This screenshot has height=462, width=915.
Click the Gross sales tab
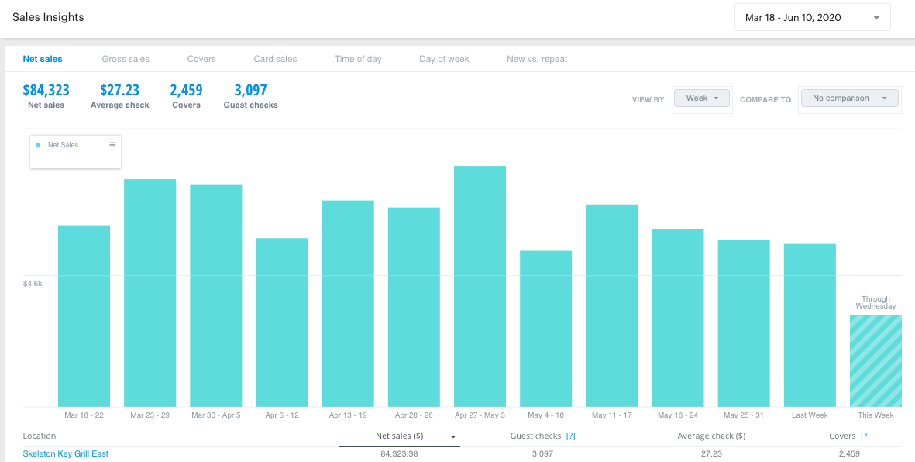126,59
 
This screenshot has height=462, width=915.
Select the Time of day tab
358,59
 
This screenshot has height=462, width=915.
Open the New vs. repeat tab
537,59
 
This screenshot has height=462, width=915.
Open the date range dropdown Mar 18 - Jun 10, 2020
812,17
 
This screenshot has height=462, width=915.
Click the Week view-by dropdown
702,98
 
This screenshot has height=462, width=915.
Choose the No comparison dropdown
849,98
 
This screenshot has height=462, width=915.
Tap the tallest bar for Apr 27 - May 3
480,287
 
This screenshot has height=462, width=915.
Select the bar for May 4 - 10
545,329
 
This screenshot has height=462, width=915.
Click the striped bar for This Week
875,360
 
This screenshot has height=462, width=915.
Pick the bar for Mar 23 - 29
150,293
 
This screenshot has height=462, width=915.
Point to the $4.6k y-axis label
33,284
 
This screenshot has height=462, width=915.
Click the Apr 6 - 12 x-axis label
282,415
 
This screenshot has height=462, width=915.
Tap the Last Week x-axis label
810,415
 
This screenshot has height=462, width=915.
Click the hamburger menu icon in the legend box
112,145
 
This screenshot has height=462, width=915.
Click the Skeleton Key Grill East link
66,453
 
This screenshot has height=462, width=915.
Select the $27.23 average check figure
119,90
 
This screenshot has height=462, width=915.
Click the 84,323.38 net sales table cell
399,453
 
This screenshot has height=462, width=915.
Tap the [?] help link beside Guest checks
570,436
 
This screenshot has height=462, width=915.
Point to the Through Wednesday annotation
875,302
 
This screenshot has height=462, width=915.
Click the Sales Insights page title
48,17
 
